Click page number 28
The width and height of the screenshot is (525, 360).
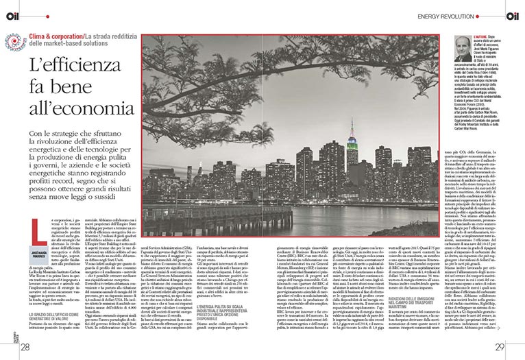point(24,348)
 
